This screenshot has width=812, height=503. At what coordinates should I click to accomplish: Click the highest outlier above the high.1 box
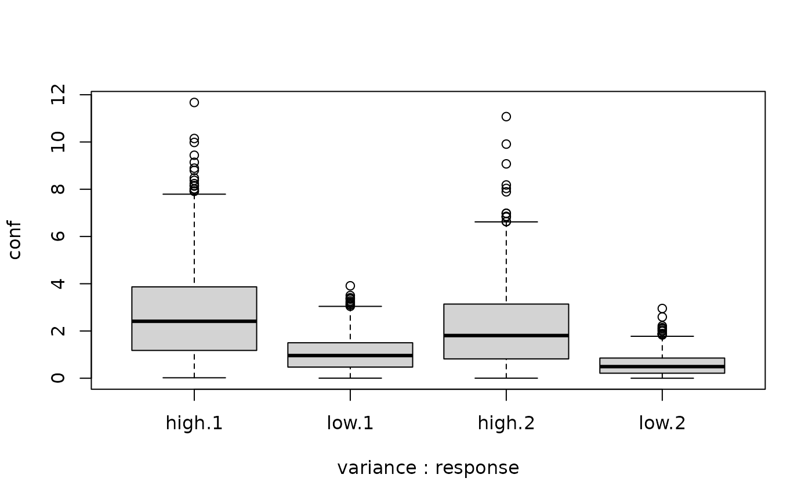click(194, 103)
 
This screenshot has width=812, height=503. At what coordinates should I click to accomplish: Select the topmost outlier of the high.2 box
click(506, 117)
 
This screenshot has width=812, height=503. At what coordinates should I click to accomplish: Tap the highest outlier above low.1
click(350, 286)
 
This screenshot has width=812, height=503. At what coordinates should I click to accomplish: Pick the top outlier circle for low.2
click(662, 308)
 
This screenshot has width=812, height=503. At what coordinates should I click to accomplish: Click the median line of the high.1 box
click(194, 321)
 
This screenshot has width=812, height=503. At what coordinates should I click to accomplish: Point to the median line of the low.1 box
click(350, 355)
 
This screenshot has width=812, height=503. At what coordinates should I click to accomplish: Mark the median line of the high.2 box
click(506, 335)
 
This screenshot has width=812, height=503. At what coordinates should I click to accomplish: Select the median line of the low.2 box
click(662, 367)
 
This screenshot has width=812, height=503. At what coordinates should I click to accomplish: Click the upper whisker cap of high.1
click(194, 194)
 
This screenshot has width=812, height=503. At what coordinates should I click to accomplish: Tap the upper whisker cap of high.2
click(506, 222)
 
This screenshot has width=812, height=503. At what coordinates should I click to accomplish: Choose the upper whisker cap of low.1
click(350, 306)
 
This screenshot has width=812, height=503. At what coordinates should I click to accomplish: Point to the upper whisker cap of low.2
click(662, 336)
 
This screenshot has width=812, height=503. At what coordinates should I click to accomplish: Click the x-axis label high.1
click(194, 423)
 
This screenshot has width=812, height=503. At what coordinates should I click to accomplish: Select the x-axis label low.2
click(662, 423)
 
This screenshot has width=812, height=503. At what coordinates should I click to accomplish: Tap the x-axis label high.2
click(506, 423)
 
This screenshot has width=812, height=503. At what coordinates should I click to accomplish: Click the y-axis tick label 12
click(59, 95)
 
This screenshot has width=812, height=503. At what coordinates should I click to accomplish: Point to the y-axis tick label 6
click(59, 236)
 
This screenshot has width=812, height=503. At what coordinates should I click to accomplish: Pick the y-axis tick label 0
click(59, 378)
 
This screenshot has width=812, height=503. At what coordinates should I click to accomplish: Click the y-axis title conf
click(15, 240)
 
